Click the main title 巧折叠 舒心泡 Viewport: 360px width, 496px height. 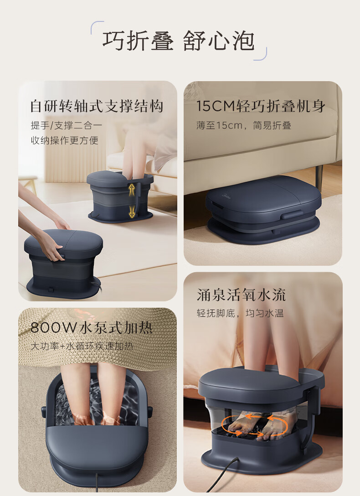click(178, 41)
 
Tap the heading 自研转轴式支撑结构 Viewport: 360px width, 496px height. click(97, 106)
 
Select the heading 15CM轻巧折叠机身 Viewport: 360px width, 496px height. click(261, 106)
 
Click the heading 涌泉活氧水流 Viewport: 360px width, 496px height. click(241, 295)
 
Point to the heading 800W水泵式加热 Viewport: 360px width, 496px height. click(92, 328)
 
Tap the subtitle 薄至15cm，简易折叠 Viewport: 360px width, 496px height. click(244, 125)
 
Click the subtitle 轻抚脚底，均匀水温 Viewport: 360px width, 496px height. click(240, 313)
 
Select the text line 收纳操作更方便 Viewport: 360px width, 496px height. click(64, 140)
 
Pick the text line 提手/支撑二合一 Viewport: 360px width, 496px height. click(67, 125)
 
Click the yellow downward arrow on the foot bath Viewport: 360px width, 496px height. click(132, 212)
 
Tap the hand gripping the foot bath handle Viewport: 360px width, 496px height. click(52, 243)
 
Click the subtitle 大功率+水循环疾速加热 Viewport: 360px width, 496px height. click(82, 346)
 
